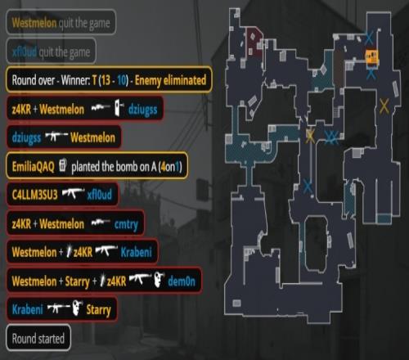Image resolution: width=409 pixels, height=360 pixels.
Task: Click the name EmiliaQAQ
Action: (34, 166)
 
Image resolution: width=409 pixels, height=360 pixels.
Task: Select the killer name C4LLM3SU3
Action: (34, 195)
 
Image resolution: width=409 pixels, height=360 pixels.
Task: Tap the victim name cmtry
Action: (126, 224)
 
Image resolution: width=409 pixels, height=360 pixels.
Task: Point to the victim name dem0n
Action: (182, 281)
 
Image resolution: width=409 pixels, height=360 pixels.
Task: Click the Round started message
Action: (38, 339)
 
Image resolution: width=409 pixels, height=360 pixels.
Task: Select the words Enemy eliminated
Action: (170, 80)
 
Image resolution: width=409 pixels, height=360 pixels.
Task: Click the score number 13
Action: (106, 80)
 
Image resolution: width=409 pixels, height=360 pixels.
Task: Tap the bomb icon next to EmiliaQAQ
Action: (63, 165)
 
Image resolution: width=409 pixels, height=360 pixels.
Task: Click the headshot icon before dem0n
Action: (159, 280)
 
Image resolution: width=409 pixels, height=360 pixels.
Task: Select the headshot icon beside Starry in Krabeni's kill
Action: (78, 308)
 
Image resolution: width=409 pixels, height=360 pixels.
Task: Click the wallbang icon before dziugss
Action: (119, 108)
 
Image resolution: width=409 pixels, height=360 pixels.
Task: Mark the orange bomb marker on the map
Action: (371, 57)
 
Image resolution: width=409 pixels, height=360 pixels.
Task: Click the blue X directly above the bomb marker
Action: (369, 38)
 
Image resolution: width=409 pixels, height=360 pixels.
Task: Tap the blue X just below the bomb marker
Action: (371, 74)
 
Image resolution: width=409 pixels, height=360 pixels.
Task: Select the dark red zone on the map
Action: (254, 42)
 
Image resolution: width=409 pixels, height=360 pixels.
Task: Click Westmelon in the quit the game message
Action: (34, 23)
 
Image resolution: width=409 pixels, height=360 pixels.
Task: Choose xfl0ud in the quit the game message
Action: (25, 52)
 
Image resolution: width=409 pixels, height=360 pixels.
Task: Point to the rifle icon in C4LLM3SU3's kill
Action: (73, 194)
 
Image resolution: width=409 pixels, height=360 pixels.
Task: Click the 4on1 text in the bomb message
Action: (171, 166)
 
